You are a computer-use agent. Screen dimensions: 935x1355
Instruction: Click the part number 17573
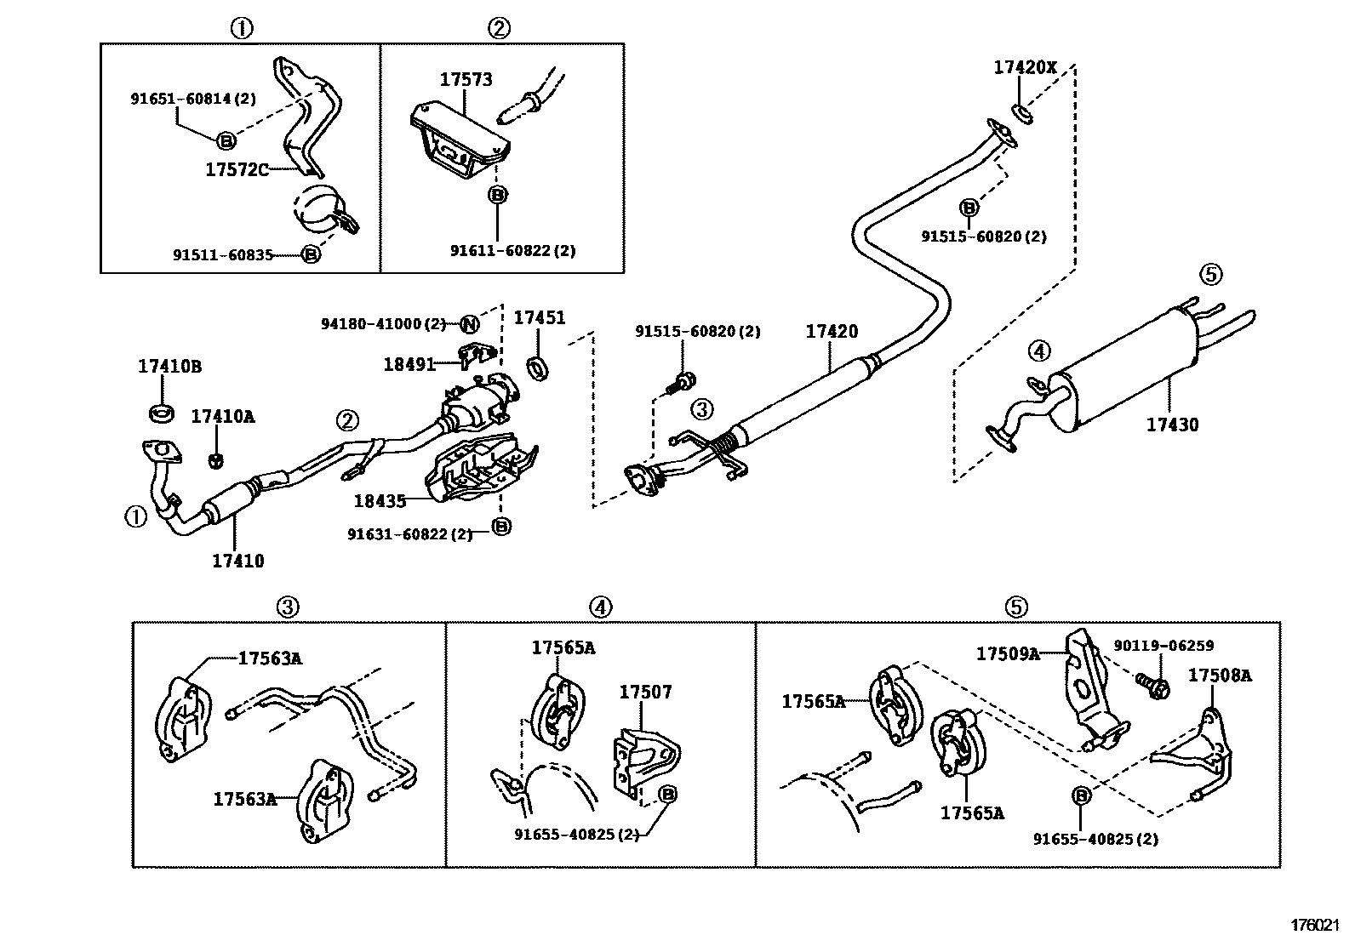[x=466, y=80]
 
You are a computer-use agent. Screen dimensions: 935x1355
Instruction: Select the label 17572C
[x=237, y=169]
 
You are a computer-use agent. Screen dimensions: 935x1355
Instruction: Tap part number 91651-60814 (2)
[x=192, y=99]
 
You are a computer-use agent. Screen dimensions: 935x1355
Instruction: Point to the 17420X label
[x=1025, y=66]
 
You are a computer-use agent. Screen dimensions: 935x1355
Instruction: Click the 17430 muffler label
[x=1172, y=425]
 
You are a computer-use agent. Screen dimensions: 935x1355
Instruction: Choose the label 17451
[x=539, y=317]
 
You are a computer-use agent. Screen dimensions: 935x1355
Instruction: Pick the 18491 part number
[x=409, y=364]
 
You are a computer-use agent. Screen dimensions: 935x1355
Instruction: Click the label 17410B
[x=169, y=367]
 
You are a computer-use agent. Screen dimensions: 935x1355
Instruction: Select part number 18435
[x=380, y=501]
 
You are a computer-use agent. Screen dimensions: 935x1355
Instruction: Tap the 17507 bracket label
[x=645, y=693]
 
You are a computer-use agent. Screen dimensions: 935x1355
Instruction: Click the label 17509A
[x=1008, y=653]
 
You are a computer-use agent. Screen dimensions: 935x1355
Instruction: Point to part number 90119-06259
[x=1163, y=646]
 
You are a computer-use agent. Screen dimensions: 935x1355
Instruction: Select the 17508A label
[x=1220, y=676]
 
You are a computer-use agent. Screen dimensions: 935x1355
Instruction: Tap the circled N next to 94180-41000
[x=469, y=323]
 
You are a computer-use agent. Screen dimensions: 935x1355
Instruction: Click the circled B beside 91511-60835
[x=311, y=254]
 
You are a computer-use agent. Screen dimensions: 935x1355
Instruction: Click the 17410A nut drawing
[x=216, y=460]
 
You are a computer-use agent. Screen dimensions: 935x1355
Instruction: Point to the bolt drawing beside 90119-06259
[x=1152, y=685]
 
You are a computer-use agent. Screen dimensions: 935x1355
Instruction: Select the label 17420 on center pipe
[x=832, y=332]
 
